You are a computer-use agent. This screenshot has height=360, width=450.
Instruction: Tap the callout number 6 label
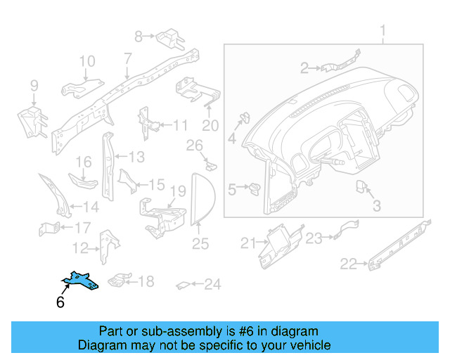(x=60, y=303)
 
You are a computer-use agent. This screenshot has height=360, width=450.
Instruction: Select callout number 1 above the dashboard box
(x=383, y=31)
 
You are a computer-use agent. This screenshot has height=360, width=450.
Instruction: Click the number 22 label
(x=348, y=264)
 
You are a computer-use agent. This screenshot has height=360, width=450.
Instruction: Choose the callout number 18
(x=145, y=282)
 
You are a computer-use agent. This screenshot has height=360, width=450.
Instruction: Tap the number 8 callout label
(x=139, y=35)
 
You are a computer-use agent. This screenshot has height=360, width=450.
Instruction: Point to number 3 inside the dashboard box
(x=376, y=206)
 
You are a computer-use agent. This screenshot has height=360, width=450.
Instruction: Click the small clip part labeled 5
(x=255, y=188)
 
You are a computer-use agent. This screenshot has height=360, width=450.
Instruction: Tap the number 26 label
(x=194, y=146)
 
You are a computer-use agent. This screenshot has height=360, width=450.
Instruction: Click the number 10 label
(x=86, y=62)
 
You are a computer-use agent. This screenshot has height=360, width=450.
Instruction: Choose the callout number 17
(x=82, y=227)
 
